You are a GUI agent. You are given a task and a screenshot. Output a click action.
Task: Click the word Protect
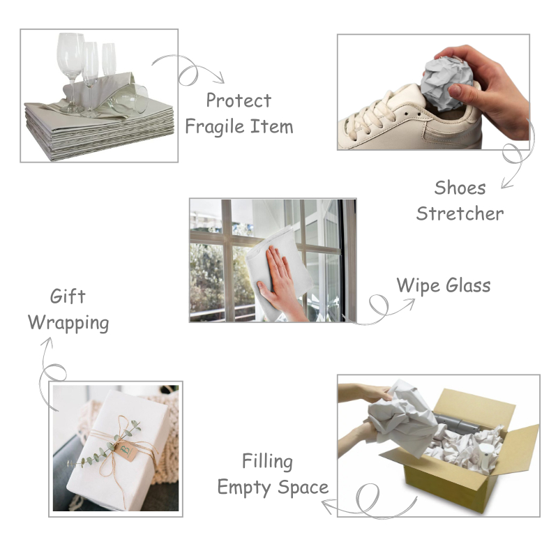tap(239, 100)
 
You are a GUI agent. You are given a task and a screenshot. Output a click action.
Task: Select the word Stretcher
tap(460, 213)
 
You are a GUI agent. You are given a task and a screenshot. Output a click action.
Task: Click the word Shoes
tap(460, 188)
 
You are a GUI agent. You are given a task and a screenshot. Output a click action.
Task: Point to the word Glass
tap(468, 285)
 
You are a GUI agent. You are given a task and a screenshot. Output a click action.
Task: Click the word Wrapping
tap(68, 324)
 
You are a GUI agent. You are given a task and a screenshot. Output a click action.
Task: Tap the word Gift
tap(68, 296)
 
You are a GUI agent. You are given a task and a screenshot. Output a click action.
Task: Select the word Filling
tap(267, 462)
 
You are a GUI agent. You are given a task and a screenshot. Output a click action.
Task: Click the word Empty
tap(245, 488)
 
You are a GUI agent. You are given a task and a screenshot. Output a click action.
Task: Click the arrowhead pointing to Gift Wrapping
tap(47, 342)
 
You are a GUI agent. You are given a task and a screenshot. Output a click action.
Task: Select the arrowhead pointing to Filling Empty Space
tap(327, 506)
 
